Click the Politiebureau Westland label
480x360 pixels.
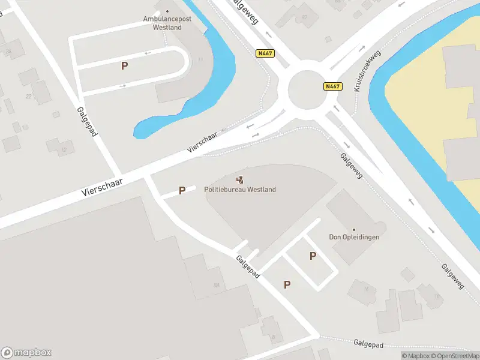coord(240,190)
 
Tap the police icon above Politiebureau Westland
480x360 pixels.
coord(240,179)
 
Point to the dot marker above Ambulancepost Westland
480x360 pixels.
coord(167,11)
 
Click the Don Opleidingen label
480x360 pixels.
coord(354,237)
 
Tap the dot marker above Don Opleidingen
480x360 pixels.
coord(354,229)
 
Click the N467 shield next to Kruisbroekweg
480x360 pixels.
coord(332,86)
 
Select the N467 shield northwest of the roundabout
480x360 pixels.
coord(264,53)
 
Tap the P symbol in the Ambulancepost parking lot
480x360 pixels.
coord(124,66)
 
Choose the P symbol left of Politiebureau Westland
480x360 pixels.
coord(182,191)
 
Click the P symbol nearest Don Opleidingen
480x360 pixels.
coord(313,256)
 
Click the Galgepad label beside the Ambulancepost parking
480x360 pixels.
coord(87,121)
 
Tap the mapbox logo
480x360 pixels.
coord(26,353)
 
